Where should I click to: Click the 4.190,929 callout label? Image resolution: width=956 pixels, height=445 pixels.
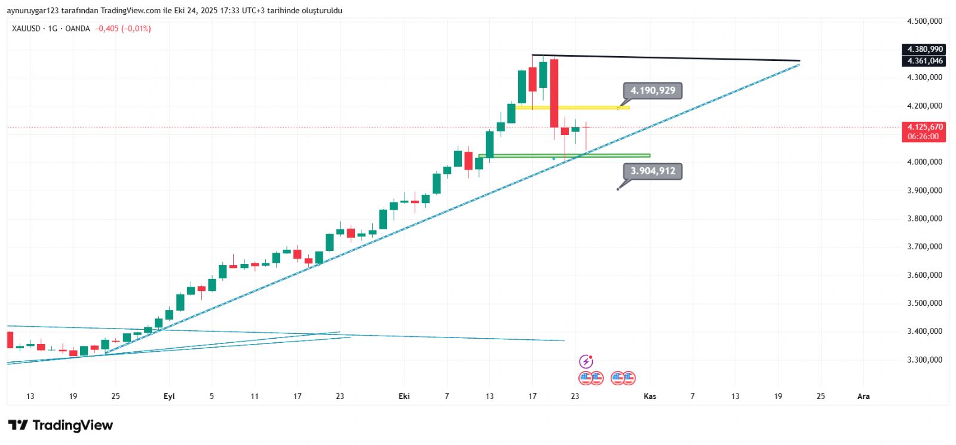[652, 91]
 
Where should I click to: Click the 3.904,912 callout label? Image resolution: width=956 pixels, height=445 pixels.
[652, 171]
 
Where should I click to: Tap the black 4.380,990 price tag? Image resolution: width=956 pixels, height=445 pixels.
[924, 50]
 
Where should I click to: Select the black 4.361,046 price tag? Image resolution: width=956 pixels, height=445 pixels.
[924, 61]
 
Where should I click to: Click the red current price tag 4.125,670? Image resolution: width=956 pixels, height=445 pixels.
[924, 127]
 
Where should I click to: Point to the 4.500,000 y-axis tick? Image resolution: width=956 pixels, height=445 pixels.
[924, 22]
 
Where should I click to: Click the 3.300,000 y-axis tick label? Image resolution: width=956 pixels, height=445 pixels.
[924, 360]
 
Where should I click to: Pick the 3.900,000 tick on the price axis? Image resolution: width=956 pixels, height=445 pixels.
[924, 191]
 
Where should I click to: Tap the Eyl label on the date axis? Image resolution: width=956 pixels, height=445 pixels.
[169, 396]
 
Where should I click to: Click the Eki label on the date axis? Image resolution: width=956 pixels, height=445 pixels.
[404, 396]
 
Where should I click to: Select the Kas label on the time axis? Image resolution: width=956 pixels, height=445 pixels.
[649, 396]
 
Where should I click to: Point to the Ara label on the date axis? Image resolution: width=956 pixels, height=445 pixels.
[863, 396]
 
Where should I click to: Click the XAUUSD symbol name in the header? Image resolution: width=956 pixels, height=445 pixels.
[26, 29]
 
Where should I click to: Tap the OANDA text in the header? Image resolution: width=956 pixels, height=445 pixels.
[78, 29]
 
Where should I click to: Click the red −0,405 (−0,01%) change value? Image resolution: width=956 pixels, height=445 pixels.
[123, 29]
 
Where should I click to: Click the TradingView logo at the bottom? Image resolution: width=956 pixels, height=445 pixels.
[60, 425]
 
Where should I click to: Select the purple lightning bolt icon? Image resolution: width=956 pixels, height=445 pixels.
[586, 361]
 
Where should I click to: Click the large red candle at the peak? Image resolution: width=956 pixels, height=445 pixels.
[554, 93]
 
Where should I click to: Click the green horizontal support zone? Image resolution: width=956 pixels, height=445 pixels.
[564, 156]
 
